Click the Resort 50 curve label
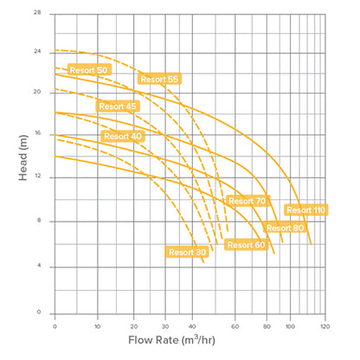(89, 68)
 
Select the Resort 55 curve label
(159, 80)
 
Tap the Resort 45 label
(118, 106)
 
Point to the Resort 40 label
(123, 136)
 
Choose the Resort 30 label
(187, 252)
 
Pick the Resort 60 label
(246, 245)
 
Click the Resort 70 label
(247, 201)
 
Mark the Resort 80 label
(285, 228)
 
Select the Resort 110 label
(305, 209)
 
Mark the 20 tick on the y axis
(35, 91)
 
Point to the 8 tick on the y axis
(37, 221)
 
